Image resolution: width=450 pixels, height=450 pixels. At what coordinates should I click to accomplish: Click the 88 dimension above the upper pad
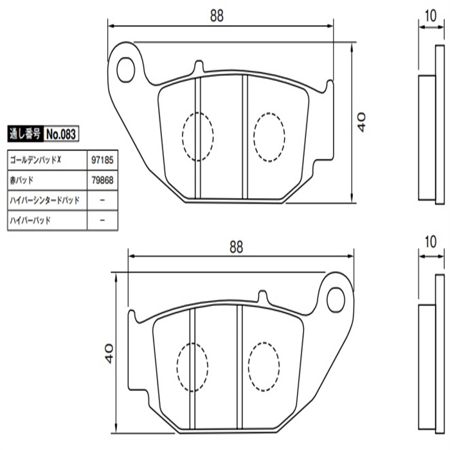(x=217, y=16)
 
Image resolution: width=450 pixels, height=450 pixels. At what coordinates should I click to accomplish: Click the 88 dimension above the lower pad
(x=236, y=247)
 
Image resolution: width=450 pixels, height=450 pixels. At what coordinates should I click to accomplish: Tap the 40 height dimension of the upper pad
(x=361, y=122)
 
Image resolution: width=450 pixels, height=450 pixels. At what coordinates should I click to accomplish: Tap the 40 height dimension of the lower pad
(x=110, y=354)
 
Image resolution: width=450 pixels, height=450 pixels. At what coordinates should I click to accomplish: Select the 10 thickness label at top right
(x=431, y=16)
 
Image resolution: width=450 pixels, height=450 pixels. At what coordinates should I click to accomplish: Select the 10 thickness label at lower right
(x=431, y=242)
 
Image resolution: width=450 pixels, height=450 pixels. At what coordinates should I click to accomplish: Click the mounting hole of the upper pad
(x=126, y=69)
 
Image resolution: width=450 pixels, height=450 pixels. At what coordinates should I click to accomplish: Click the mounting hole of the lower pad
(x=336, y=300)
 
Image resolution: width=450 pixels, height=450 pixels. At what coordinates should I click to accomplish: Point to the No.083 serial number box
(x=61, y=134)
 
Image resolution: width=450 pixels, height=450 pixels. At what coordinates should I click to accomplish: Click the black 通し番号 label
(x=26, y=134)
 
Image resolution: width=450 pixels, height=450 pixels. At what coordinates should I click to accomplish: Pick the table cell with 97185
(x=102, y=160)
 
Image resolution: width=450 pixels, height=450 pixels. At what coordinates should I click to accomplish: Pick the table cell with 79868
(x=102, y=180)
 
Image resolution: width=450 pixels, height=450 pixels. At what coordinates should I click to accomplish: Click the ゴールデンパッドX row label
(x=35, y=159)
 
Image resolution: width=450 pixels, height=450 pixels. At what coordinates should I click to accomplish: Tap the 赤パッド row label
(x=22, y=180)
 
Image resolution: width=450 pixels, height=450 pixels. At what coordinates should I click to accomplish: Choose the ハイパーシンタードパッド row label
(x=44, y=200)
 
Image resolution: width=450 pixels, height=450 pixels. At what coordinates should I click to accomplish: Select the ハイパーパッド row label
(x=30, y=220)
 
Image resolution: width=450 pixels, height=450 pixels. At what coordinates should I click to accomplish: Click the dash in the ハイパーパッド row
(x=102, y=220)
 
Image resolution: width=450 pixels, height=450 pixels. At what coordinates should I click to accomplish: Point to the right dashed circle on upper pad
(x=269, y=137)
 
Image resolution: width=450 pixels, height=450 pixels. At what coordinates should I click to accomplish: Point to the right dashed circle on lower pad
(x=264, y=367)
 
